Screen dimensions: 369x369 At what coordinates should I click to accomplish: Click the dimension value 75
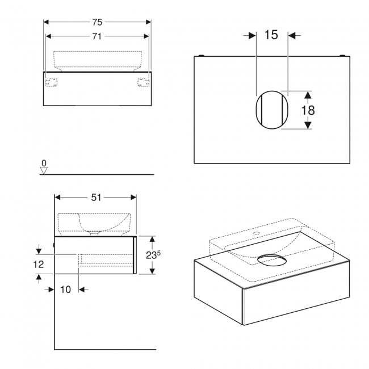click(x=97, y=22)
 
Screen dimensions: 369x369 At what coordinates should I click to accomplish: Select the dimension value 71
click(x=97, y=36)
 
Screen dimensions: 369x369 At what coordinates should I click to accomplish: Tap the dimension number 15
click(x=271, y=35)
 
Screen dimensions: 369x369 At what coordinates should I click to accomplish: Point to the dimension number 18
click(x=308, y=110)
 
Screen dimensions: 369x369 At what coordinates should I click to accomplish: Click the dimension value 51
click(x=96, y=197)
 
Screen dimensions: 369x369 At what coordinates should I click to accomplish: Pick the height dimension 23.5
click(x=151, y=255)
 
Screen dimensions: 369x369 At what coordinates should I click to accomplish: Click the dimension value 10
click(x=65, y=290)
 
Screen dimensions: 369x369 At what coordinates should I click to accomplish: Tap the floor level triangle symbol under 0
click(x=44, y=170)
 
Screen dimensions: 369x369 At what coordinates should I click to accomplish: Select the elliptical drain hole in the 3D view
click(x=272, y=260)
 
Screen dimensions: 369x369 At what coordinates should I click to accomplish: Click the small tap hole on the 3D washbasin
click(x=256, y=232)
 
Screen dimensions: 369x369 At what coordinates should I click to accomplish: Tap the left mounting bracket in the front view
click(x=52, y=82)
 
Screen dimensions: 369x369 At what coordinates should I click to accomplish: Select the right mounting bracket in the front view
click(x=142, y=82)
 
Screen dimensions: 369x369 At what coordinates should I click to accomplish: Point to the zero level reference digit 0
click(x=44, y=163)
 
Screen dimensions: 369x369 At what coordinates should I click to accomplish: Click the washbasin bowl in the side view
click(x=102, y=222)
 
